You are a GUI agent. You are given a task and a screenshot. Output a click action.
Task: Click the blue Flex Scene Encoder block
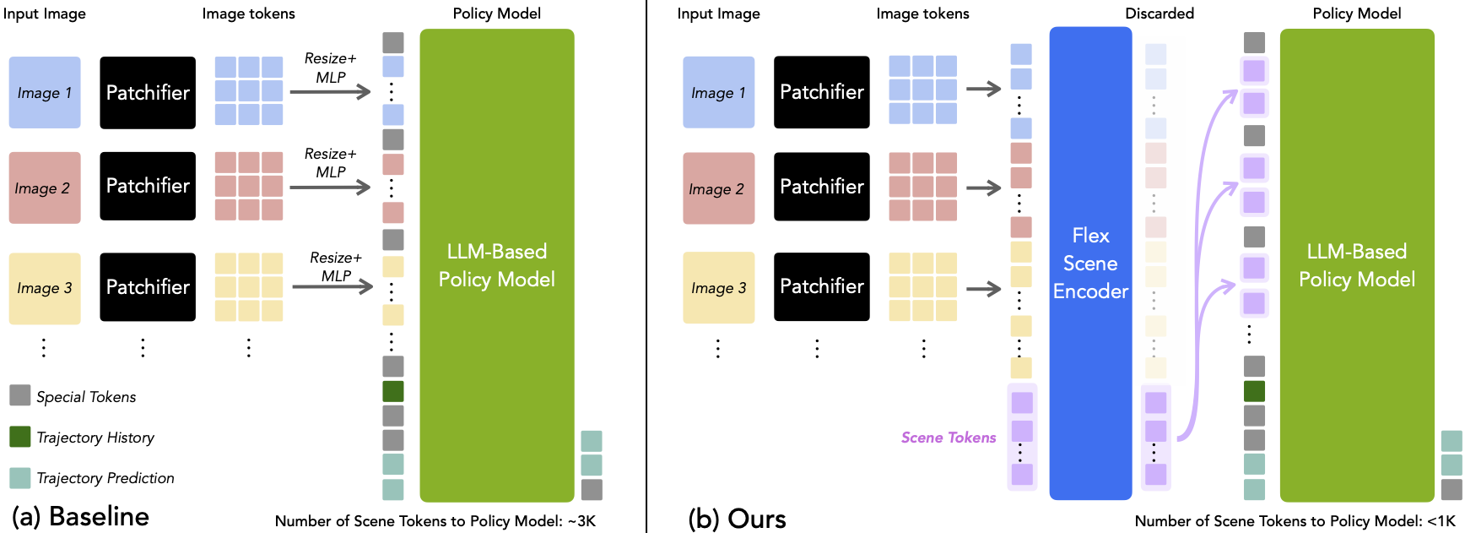(x=1089, y=263)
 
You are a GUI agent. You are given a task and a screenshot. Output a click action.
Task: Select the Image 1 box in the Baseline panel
(x=45, y=93)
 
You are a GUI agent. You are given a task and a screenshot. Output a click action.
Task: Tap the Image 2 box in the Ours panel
(x=718, y=188)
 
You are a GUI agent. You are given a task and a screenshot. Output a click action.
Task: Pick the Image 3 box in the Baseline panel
(x=45, y=288)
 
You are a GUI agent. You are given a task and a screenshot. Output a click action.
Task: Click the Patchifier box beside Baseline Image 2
(x=148, y=186)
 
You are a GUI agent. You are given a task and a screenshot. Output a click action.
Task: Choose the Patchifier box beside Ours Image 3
(x=821, y=286)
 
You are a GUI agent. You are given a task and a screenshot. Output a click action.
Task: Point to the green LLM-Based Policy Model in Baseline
(x=497, y=264)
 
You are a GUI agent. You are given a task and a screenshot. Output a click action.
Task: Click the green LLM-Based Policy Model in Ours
(x=1356, y=264)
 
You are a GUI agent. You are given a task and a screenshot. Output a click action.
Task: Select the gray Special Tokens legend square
(x=20, y=395)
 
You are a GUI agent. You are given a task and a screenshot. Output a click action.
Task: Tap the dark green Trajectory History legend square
(x=20, y=437)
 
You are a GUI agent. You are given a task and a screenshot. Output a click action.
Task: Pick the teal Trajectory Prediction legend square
(x=20, y=477)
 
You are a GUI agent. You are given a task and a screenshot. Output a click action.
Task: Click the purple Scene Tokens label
(x=949, y=438)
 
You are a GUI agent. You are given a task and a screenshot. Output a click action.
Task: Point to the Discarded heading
(x=1160, y=14)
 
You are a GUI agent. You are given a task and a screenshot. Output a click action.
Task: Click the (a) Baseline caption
(x=81, y=516)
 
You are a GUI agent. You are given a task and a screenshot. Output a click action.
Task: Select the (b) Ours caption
(x=737, y=518)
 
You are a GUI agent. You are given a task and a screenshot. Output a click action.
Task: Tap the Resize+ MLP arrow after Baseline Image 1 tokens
(x=330, y=92)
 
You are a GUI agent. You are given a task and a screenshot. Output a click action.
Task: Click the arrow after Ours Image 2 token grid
(x=983, y=188)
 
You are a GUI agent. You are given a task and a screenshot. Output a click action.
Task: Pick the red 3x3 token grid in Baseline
(x=249, y=186)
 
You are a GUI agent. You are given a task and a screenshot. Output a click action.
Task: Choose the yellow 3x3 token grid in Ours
(x=922, y=286)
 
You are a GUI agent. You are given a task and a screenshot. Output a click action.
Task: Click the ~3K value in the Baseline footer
(x=581, y=521)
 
